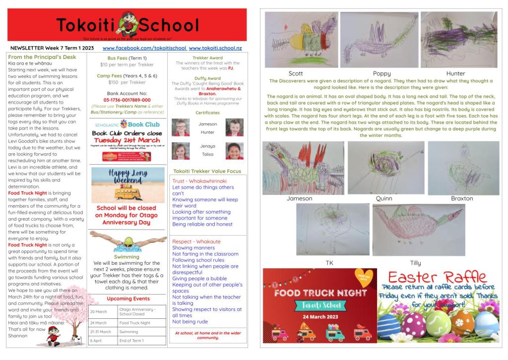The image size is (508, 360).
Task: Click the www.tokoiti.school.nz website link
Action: (215, 48)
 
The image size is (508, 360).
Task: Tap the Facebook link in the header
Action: (144, 48)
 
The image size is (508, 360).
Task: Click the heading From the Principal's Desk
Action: (39, 57)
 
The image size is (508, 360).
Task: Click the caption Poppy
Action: (381, 73)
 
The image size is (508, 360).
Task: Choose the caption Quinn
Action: (384, 198)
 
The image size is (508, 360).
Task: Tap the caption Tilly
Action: (415, 263)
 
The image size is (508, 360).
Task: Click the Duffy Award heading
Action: (207, 78)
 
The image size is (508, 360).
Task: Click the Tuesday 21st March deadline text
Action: (127, 140)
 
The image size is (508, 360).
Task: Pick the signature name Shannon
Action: (18, 336)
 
